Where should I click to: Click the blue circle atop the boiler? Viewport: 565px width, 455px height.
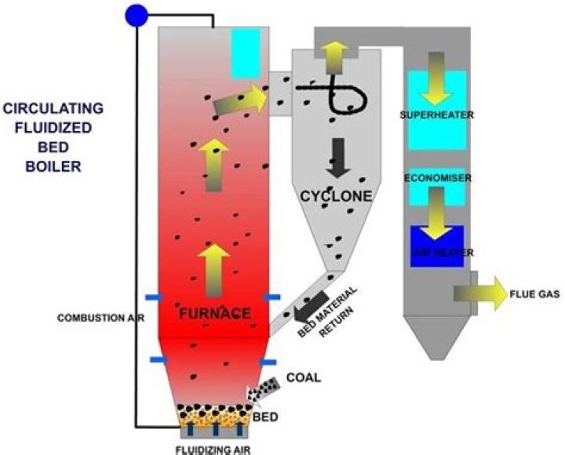coord(137,15)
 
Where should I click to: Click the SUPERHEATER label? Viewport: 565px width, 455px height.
coord(436,115)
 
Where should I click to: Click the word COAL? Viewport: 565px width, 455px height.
coord(303,377)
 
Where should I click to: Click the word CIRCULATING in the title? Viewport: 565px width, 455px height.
coord(50,108)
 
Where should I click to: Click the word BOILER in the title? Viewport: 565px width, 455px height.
coord(50,166)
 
